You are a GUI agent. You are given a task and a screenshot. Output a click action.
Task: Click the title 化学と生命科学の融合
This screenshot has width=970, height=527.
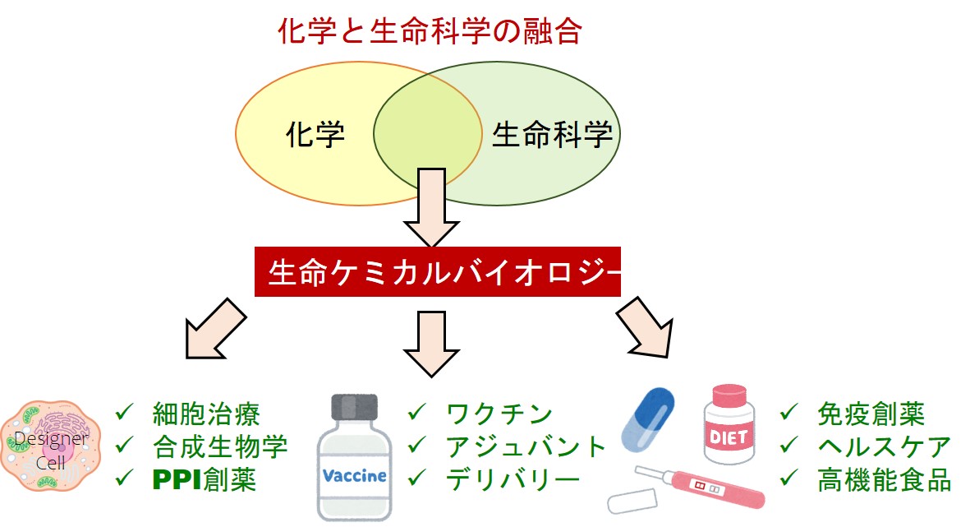point(430,32)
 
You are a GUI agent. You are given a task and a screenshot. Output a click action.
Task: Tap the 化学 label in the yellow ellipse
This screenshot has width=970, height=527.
point(315,134)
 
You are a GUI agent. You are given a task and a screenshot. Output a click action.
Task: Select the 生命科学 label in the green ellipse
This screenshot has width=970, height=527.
point(552,134)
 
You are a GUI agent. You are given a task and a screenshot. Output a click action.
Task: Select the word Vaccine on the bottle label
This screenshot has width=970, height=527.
point(355,476)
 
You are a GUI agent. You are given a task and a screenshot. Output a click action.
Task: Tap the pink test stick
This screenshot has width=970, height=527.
point(706,487)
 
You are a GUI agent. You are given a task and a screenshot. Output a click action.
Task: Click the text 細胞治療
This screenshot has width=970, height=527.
point(206,413)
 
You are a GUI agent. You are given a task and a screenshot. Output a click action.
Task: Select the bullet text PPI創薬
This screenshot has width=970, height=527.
point(205,479)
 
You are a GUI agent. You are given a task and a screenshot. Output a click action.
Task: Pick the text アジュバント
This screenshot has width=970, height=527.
point(526,446)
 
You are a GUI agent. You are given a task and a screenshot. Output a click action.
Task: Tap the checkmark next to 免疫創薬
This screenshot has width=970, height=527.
point(789,411)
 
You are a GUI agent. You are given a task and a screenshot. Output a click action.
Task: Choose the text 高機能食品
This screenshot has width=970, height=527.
point(884,479)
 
